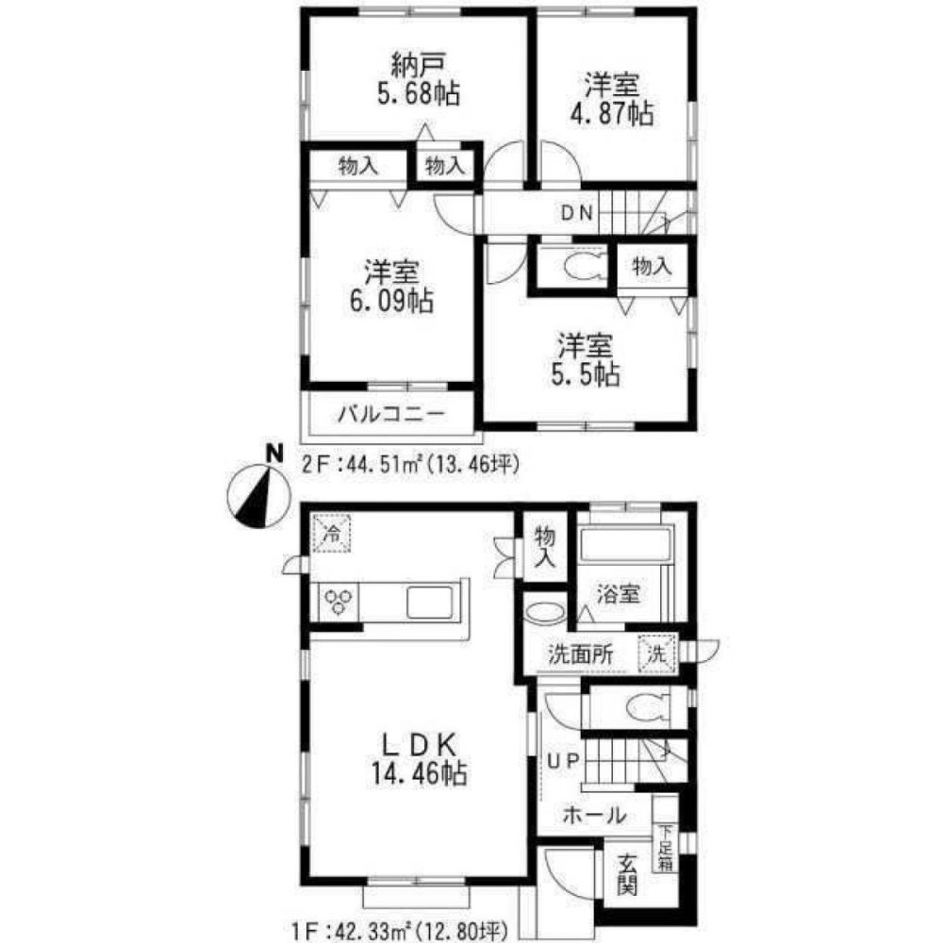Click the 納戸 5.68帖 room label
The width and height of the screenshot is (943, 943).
point(419,79)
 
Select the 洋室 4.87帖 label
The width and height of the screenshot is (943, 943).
point(612,99)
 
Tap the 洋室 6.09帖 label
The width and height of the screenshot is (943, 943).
point(391,287)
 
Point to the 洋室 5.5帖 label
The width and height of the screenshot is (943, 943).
point(586,360)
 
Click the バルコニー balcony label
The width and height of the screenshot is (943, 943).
point(391,414)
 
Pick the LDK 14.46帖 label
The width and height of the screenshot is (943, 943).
point(419,759)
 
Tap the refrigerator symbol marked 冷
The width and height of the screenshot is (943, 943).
point(331,533)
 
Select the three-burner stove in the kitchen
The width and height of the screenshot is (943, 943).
point(337,602)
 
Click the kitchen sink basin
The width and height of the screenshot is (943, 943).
point(429,602)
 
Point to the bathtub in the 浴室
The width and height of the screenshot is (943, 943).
point(625,544)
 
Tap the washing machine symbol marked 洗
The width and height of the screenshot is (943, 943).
point(656,653)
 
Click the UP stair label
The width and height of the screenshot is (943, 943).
point(562,761)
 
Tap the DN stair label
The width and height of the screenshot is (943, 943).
point(577,213)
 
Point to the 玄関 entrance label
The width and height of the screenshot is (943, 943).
point(627,874)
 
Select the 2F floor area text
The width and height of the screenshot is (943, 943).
point(409,464)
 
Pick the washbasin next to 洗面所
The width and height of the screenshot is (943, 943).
point(545,613)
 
